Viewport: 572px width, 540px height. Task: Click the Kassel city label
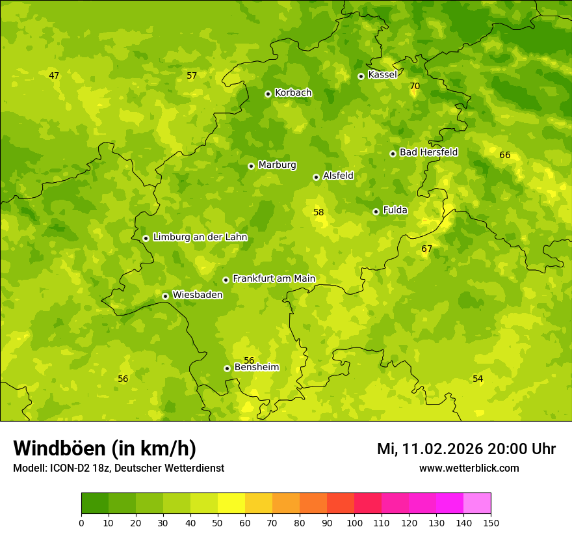pos(382,75)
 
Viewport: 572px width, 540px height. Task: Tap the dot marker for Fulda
pos(376,211)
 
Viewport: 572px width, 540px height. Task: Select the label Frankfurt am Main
pos(274,278)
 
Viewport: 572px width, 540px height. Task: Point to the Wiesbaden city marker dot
pos(165,296)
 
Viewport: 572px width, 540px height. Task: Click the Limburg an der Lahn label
pos(200,237)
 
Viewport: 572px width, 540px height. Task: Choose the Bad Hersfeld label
pos(428,152)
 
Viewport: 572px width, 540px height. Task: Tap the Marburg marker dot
pos(251,166)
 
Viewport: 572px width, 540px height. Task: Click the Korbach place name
pos(293,93)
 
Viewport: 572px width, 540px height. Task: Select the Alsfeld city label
pos(338,176)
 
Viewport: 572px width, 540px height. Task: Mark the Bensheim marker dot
pos(227,368)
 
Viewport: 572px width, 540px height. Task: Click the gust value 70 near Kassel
pos(415,86)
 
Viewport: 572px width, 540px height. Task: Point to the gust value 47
pos(54,75)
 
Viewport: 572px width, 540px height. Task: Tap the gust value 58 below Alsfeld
pos(318,212)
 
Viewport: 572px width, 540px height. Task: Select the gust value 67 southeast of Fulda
pos(426,249)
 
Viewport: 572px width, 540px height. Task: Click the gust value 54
pos(478,379)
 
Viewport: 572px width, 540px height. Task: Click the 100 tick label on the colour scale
pos(354,522)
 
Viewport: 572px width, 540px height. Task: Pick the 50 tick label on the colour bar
pos(218,522)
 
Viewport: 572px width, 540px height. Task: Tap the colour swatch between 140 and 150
pos(477,504)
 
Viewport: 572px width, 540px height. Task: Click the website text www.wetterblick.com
pos(469,468)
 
